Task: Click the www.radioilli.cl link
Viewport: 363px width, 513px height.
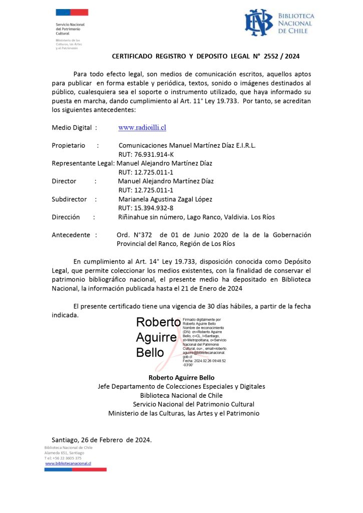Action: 142,128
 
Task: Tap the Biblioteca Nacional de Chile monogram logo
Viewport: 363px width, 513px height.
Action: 258,23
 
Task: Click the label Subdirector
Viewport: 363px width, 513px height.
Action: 69,199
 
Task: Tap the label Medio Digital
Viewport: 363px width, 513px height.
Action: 72,128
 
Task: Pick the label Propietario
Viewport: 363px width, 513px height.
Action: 69,145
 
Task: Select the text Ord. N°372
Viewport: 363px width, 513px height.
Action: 134,235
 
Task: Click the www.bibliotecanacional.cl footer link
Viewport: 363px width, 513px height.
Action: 68,463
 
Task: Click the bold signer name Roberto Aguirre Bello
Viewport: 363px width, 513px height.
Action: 181,377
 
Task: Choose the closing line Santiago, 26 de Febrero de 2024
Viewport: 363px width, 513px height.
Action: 102,440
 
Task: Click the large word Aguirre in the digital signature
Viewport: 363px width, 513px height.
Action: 156,337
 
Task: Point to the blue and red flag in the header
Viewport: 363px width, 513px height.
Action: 72,13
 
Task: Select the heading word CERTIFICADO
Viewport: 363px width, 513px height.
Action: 136,57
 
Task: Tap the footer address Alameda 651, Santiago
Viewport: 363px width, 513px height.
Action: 64,452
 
